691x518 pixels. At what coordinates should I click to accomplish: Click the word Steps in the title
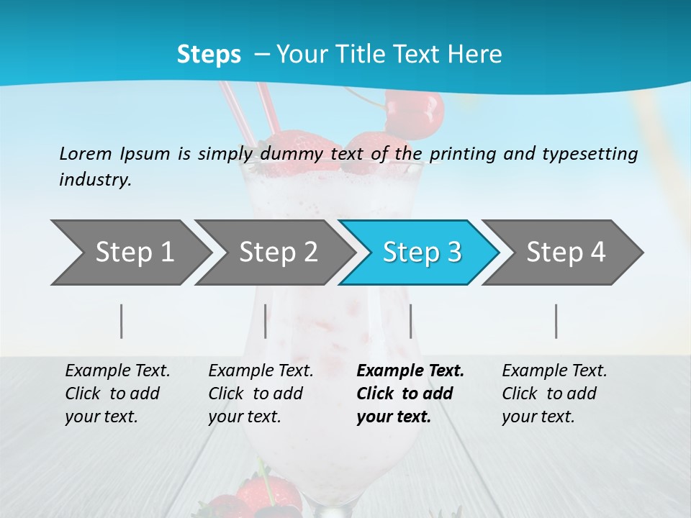pos(209,54)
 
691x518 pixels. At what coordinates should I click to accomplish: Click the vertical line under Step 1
pos(122,321)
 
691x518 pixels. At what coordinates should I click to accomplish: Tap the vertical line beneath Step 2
pos(266,321)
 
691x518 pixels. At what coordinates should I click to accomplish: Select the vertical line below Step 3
pos(410,321)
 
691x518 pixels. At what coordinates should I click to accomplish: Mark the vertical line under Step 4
pos(556,321)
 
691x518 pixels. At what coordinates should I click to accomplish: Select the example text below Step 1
pos(117,394)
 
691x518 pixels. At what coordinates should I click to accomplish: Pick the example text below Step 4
pos(554,394)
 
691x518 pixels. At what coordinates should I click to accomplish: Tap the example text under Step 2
pos(261,394)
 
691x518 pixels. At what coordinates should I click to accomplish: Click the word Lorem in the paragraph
pos(85,153)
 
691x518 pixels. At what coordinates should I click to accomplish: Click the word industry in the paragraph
pos(94,180)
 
